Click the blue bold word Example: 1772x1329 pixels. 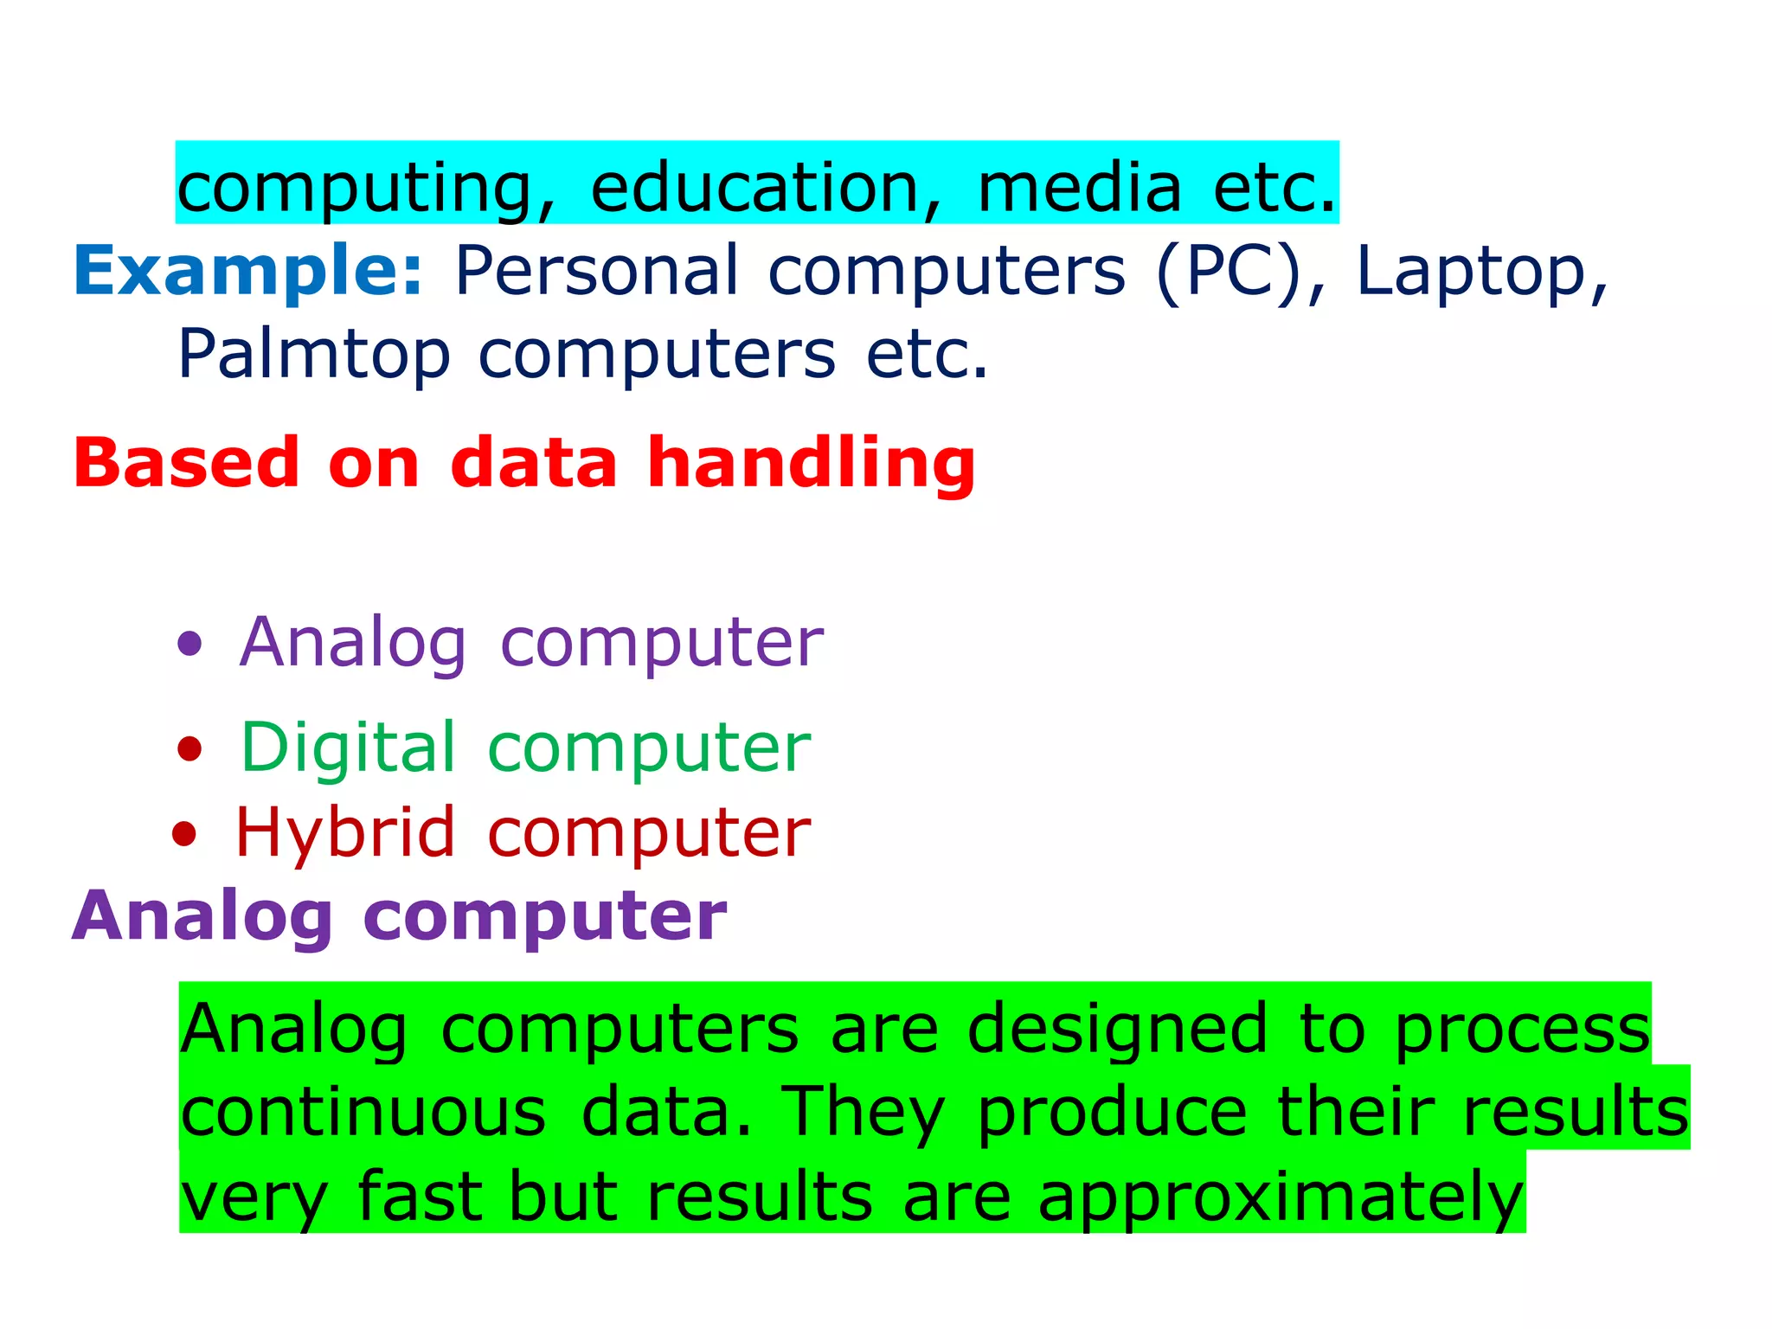click(247, 272)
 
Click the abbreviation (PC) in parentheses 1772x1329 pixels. click(1229, 272)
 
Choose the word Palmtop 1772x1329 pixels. click(314, 355)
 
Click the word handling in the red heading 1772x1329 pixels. click(812, 464)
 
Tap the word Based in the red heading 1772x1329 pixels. click(186, 464)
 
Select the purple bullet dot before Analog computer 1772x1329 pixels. click(189, 643)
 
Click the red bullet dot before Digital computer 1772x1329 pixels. click(189, 748)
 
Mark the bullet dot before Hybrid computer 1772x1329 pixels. click(184, 833)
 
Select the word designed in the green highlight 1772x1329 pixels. click(1117, 1030)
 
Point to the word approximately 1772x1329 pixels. click(1281, 1198)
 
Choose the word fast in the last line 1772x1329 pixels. click(420, 1197)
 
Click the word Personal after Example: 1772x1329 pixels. click(597, 272)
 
